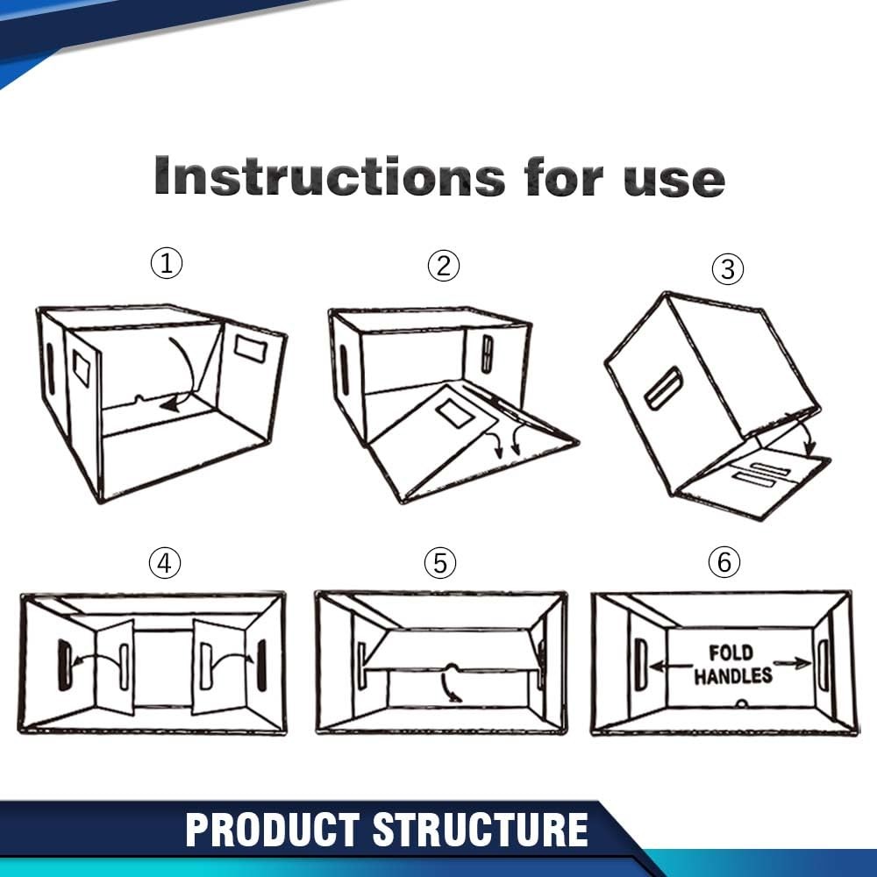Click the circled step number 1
click(166, 263)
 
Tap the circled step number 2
click(444, 266)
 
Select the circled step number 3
click(728, 269)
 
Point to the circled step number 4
click(165, 563)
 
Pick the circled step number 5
click(440, 563)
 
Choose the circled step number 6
click(724, 561)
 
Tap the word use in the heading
click(674, 181)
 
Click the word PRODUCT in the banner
click(273, 830)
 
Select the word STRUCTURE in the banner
click(481, 830)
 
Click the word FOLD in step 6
click(731, 652)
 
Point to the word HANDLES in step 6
click(733, 675)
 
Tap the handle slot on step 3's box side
click(664, 388)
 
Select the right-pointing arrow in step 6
click(792, 663)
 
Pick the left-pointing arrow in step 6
click(671, 667)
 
